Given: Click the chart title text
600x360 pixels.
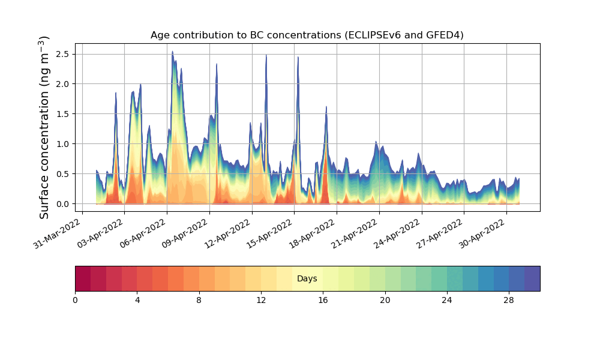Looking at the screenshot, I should click(307, 35).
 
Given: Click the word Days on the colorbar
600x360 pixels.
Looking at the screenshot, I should click(307, 279).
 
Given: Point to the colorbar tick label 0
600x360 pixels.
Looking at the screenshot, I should click(75, 300).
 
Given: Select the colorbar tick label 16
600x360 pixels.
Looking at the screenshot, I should click(323, 300).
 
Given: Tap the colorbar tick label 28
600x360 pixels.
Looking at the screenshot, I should click(509, 300).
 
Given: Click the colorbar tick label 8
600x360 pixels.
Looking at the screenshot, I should click(199, 300).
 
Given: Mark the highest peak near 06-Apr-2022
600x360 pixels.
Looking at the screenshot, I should click(172, 52).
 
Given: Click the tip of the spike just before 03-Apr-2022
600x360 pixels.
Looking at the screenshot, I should click(116, 92).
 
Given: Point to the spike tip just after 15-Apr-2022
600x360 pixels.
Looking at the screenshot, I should click(298, 57).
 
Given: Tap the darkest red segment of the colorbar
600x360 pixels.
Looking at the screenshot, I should click(83, 279).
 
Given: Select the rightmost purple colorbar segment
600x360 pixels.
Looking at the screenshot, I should click(532, 279).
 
